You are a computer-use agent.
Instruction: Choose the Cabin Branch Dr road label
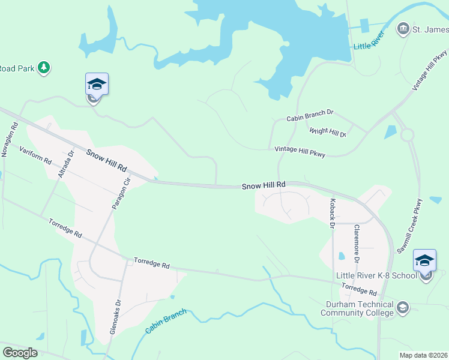pos(309,114)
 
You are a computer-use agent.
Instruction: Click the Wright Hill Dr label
pos(327,132)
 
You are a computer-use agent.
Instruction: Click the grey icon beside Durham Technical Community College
pos(403,308)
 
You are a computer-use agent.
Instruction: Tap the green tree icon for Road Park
pos(43,67)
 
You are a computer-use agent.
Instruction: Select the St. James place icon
pos(403,29)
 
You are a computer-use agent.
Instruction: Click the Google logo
pos(20,353)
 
